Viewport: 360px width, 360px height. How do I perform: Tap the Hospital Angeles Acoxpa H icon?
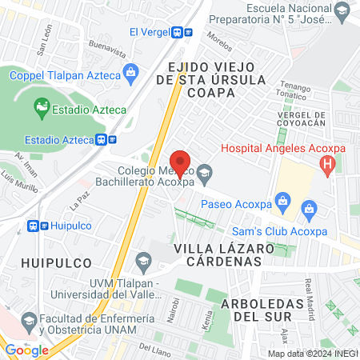coord(326,165)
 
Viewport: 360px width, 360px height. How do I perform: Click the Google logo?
coord(26,350)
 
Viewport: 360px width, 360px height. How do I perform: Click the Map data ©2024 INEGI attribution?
coord(312,353)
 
